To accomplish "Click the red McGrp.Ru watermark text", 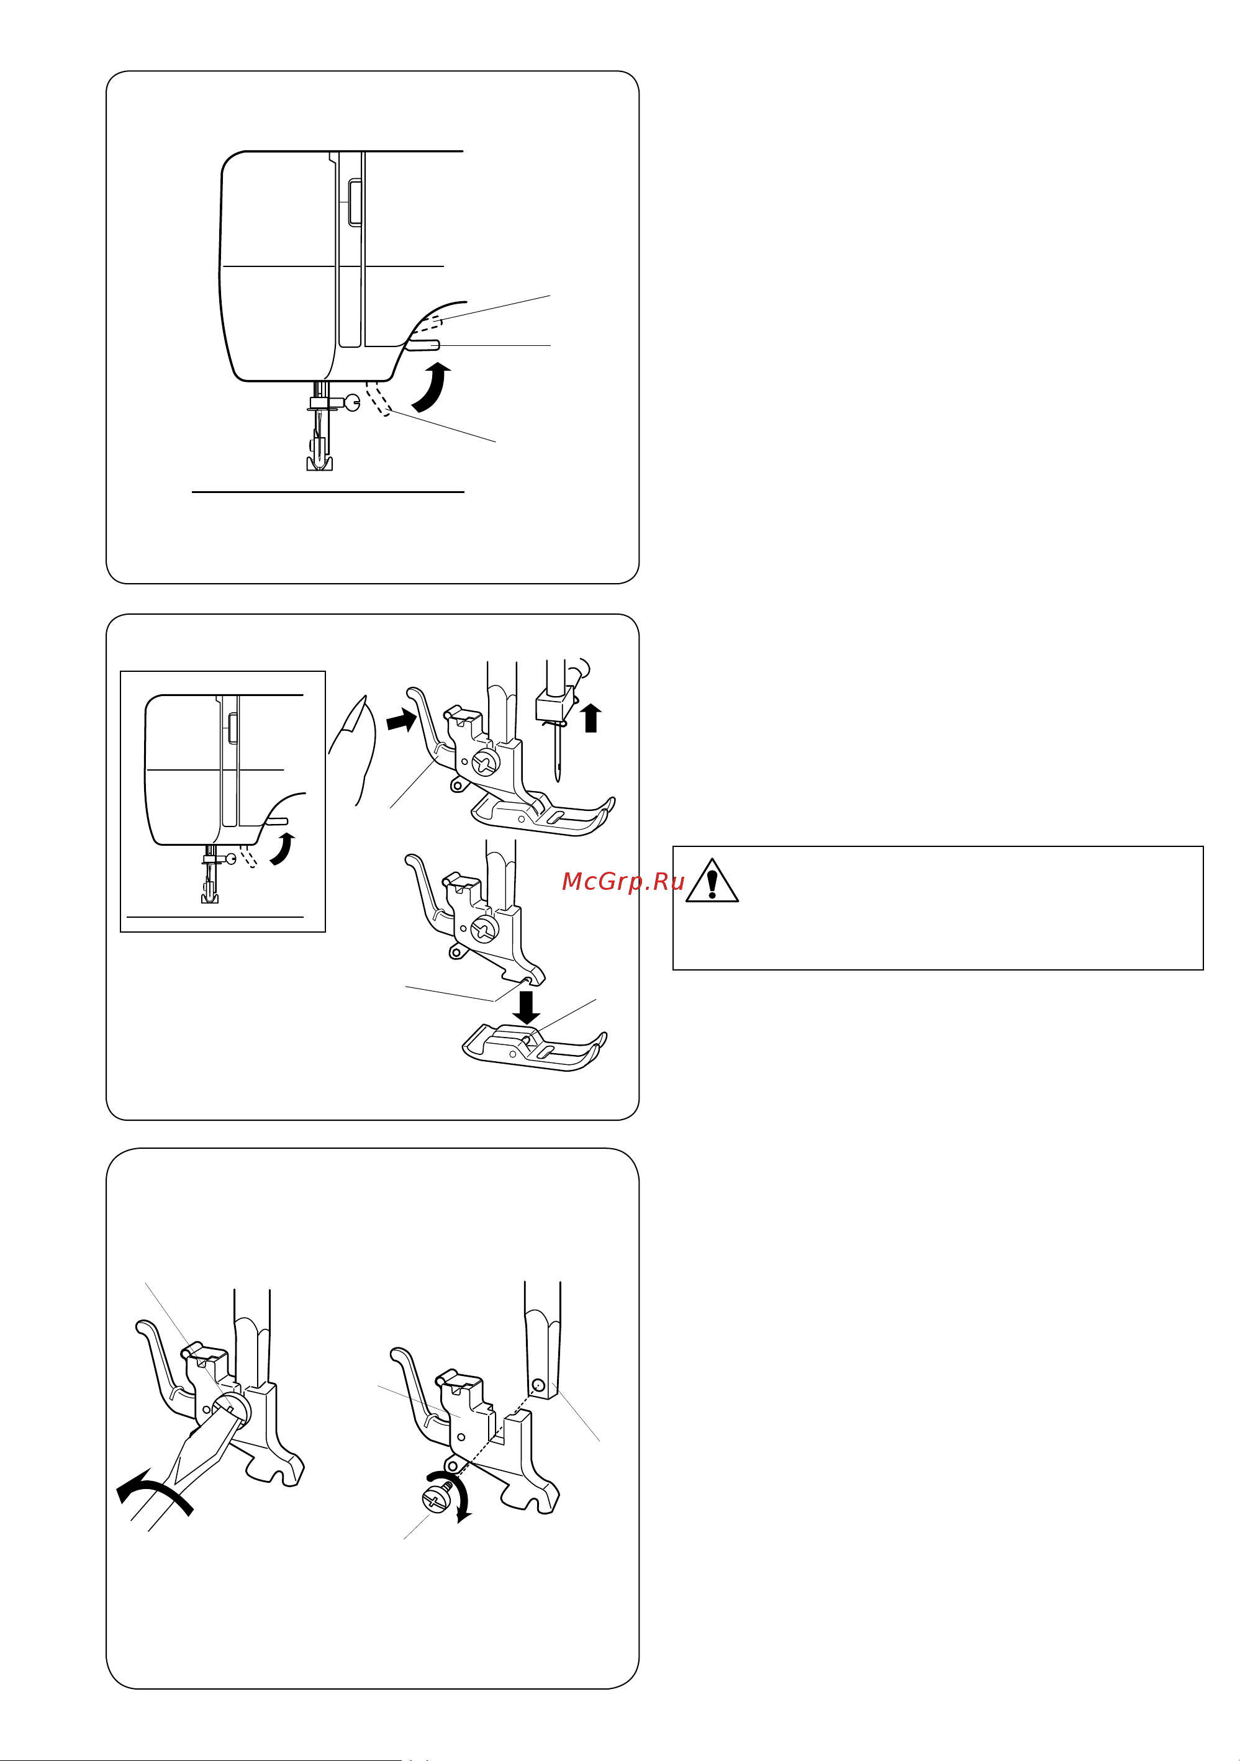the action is point(623,881).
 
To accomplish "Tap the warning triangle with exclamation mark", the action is point(712,880).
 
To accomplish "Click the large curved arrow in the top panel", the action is point(432,389).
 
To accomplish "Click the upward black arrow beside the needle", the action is point(590,718).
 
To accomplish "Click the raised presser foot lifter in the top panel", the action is point(423,345).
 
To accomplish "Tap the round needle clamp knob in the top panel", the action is point(353,402).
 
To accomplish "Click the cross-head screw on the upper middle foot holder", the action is point(486,763).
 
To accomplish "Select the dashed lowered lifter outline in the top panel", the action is point(379,398).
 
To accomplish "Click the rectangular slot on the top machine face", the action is point(355,203).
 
